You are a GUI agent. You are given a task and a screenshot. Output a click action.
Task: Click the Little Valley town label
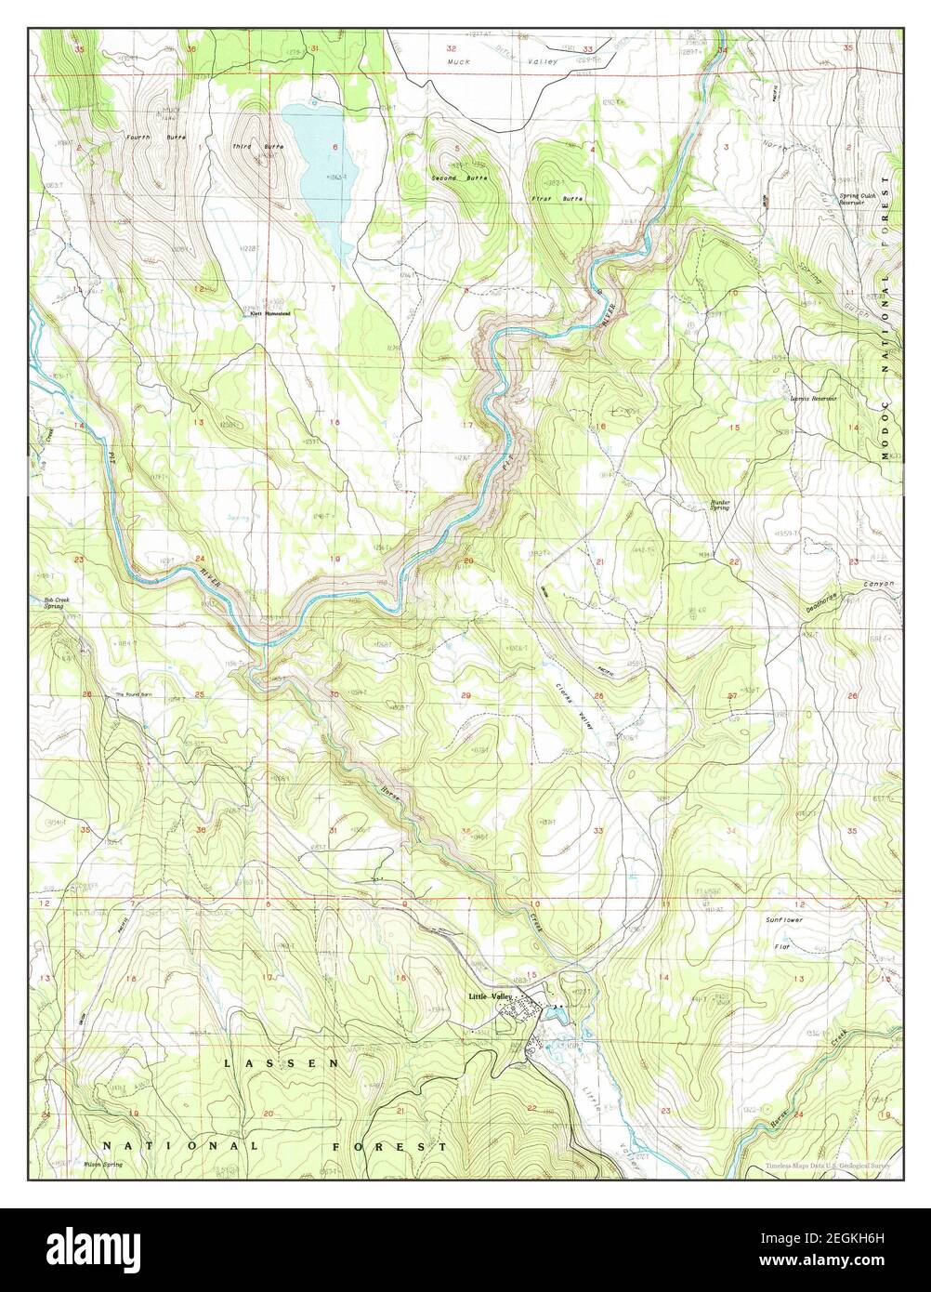click(x=489, y=997)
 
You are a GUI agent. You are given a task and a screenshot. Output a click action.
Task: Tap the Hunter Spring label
click(x=720, y=505)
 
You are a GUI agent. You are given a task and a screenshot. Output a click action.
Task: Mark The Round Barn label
click(x=134, y=694)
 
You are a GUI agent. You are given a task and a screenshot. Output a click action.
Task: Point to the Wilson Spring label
click(x=102, y=1165)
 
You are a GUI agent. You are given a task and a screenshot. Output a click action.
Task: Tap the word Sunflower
click(x=783, y=919)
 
